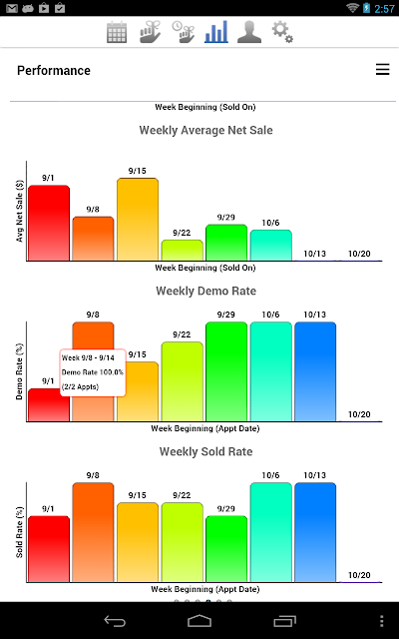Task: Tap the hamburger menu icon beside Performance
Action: pyautogui.click(x=382, y=70)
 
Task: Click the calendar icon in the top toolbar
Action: pyautogui.click(x=117, y=32)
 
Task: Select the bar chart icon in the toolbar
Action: pyautogui.click(x=216, y=31)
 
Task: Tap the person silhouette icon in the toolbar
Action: pyautogui.click(x=248, y=32)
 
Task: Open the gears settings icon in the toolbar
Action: pyautogui.click(x=282, y=32)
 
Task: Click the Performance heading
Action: pyautogui.click(x=54, y=71)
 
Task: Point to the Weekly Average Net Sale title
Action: pyautogui.click(x=206, y=130)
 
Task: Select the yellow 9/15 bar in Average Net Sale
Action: pyautogui.click(x=138, y=220)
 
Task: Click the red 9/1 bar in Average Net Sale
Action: pyautogui.click(x=49, y=223)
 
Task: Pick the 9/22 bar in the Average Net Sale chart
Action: pyautogui.click(x=182, y=251)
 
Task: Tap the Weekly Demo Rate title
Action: pyautogui.click(x=206, y=291)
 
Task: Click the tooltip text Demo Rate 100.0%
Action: pyautogui.click(x=93, y=372)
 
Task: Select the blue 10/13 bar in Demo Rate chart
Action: pyautogui.click(x=315, y=371)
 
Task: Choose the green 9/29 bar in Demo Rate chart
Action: pyautogui.click(x=226, y=371)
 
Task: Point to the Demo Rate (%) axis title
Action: pyautogui.click(x=19, y=371)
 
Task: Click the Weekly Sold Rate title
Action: pyautogui.click(x=206, y=451)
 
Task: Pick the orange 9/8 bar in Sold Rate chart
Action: pyautogui.click(x=93, y=532)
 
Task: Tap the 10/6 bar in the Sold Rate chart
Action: pyautogui.click(x=270, y=532)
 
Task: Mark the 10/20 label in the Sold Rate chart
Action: pyautogui.click(x=359, y=575)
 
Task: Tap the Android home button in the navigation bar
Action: pyautogui.click(x=199, y=621)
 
